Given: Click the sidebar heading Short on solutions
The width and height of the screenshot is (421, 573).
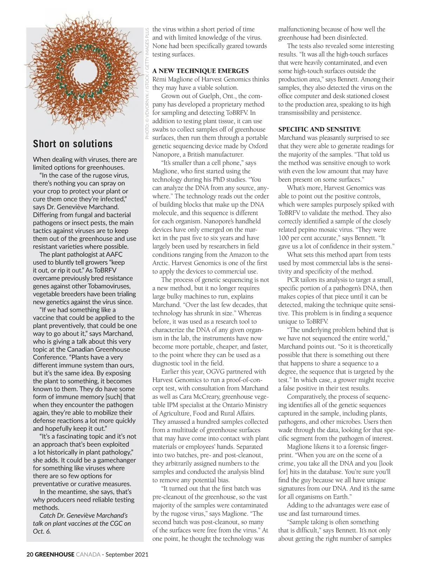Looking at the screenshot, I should tap(73, 144).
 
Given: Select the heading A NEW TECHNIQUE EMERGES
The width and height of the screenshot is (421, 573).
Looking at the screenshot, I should tap(200, 71).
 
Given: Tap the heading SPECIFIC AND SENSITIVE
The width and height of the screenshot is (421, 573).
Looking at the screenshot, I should tap(319, 129).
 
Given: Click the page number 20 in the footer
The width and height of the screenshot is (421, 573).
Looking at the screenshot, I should tap(30, 555).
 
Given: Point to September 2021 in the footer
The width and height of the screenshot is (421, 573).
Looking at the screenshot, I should tap(127, 555).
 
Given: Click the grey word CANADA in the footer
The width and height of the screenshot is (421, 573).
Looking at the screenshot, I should tap(88, 555).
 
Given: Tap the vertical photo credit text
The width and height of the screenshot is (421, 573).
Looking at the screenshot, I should tap(147, 83).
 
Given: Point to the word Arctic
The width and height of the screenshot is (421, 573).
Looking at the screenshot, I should tap(160, 263).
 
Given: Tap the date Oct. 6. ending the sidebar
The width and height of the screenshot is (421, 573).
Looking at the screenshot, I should tap(42, 531).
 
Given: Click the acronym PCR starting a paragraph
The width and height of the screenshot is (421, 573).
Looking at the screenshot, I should tap(294, 280).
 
